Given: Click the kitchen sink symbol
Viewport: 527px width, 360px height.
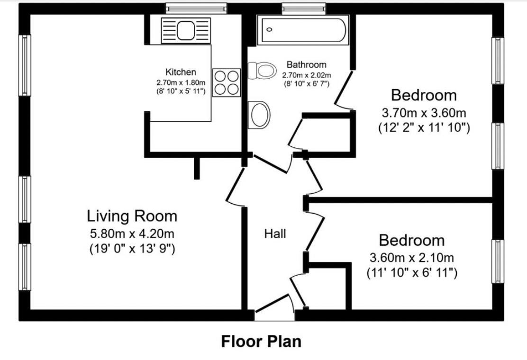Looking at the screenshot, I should pos(185,30).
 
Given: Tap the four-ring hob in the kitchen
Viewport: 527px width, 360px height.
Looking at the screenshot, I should pos(227,82).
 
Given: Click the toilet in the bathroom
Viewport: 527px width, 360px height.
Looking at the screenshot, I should pos(262,71).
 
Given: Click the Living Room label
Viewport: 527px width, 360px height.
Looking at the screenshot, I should pos(132,216).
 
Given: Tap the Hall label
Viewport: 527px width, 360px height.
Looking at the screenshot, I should pos(275,234).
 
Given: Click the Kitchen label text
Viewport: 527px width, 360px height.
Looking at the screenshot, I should pos(180,72).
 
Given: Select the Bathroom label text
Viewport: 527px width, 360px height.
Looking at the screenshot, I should pos(307,64).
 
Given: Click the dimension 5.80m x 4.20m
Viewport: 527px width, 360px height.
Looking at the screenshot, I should pos(132,234).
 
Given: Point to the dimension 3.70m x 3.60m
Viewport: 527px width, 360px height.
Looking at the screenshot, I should pos(424,113).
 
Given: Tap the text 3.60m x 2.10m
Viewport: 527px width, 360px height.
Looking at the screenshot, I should pos(411,258).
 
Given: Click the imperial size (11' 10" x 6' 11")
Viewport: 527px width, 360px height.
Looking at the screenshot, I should pos(411,273).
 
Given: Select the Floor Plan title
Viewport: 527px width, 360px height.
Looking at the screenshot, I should pos(261,341).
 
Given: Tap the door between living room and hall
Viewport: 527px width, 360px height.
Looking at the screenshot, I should pos(235,187).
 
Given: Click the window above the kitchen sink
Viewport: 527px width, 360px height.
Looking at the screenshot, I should pos(196,8).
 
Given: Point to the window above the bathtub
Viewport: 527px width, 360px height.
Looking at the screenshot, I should pos(304,8).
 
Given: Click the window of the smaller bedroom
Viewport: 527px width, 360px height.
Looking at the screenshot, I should pos(497,261).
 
